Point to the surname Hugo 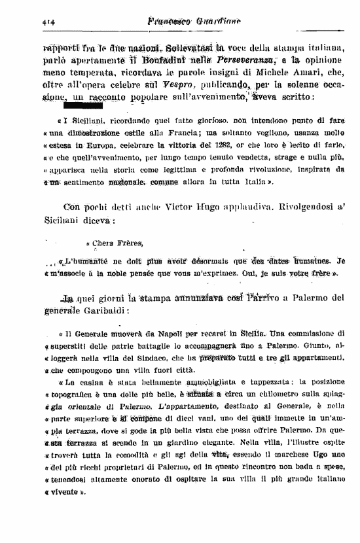(x=230, y=211)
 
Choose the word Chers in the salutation (x=105, y=244)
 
